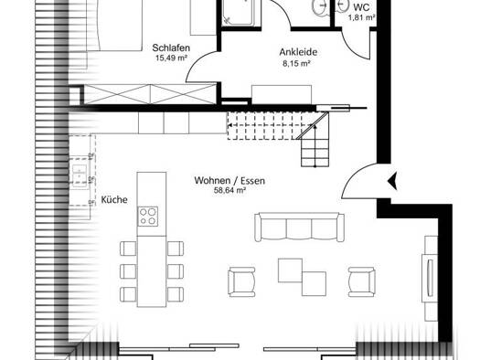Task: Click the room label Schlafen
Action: (x=171, y=48)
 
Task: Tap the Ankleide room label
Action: (x=298, y=52)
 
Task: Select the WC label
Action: (x=361, y=7)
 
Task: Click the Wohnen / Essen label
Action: (x=229, y=181)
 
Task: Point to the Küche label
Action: (x=114, y=200)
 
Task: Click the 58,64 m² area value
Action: (x=229, y=191)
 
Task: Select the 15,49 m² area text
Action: (x=172, y=58)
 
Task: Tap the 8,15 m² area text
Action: (x=296, y=64)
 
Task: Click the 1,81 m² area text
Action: (x=361, y=17)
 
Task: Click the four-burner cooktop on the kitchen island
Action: (x=148, y=217)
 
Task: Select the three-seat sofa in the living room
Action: (x=299, y=228)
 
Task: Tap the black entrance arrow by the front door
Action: (x=392, y=181)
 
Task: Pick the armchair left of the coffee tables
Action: (x=242, y=281)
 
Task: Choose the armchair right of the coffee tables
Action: (x=362, y=281)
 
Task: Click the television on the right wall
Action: (x=429, y=278)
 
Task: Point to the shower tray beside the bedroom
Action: (x=237, y=12)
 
